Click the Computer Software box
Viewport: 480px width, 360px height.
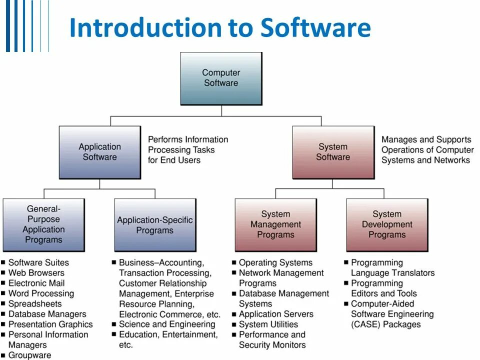(x=221, y=78)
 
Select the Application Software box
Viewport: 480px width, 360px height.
(x=100, y=152)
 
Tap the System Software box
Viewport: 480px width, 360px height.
(x=333, y=152)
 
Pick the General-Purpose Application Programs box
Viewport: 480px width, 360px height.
(x=43, y=224)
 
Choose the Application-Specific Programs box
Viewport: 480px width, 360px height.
(x=155, y=225)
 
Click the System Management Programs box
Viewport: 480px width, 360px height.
(x=275, y=224)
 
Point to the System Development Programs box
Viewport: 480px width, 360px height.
(x=387, y=224)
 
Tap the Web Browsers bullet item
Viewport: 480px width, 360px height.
(x=36, y=273)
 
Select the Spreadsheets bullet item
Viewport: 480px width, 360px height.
(x=35, y=304)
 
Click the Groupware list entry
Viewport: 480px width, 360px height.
(x=29, y=355)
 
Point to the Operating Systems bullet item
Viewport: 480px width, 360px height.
(x=275, y=262)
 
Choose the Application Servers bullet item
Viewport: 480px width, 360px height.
(x=276, y=314)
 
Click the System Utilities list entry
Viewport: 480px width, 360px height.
(x=268, y=324)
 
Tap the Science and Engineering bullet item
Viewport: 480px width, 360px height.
(x=167, y=324)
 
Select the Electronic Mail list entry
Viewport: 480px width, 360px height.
(x=36, y=283)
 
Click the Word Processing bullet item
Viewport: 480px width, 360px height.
(x=41, y=293)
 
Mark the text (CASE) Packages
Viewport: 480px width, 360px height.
(x=386, y=324)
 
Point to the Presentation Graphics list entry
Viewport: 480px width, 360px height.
(x=50, y=324)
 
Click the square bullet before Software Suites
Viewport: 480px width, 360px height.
(x=3, y=262)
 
